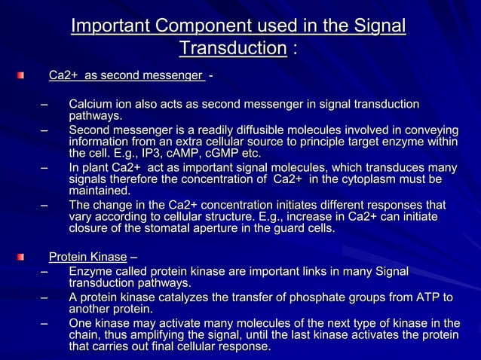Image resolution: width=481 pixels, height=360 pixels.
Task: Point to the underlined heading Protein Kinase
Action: [x=87, y=257]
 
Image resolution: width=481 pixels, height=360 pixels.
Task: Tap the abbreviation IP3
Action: [x=155, y=154]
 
